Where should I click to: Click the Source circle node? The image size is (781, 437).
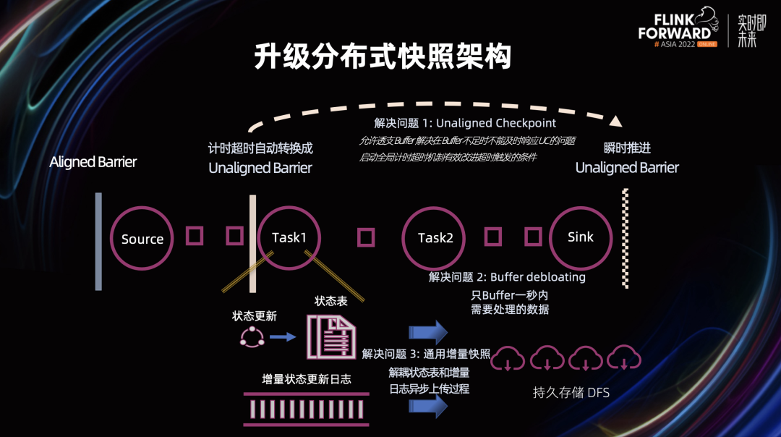pos(142,239)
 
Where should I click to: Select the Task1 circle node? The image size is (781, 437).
pos(289,237)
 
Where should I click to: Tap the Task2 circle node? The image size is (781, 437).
pos(435,238)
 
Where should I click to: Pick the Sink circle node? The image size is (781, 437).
pos(581,237)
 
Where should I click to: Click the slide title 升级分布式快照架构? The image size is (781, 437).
pos(383,57)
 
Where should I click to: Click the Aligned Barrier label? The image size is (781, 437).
pos(93,162)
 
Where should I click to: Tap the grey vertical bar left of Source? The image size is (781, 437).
pos(98,241)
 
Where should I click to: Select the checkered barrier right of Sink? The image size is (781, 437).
pos(626,239)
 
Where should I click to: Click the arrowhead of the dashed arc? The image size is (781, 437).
pos(615,121)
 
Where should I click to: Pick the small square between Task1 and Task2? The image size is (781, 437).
pos(367,237)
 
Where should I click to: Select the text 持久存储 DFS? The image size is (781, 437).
pos(571,393)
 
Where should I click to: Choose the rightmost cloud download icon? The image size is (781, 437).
pos(623,358)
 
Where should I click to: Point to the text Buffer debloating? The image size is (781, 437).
pos(537,277)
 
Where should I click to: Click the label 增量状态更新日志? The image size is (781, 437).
pos(307,378)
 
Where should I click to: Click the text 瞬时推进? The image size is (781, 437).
pos(627,148)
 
